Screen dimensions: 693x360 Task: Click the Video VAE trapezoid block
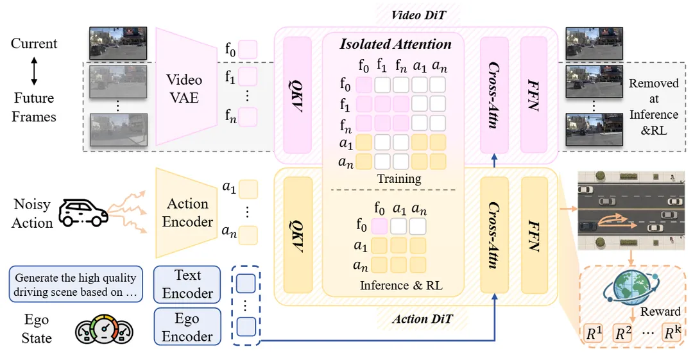point(186,87)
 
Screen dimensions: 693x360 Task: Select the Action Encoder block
point(187,213)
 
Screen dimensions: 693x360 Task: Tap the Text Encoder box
point(187,284)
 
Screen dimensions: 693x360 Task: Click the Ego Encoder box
point(187,327)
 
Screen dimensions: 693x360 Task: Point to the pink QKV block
point(297,95)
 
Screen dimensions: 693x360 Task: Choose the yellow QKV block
point(298,235)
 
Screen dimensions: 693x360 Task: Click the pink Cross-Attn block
point(494,95)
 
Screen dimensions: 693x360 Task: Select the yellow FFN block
point(535,235)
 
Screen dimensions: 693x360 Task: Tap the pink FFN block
point(534,95)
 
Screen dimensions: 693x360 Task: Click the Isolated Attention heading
point(395,44)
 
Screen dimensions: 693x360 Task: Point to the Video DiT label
point(418,15)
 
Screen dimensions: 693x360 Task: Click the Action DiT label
point(422,319)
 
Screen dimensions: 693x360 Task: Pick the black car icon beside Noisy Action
point(83,213)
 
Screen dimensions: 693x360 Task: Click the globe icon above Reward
point(631,289)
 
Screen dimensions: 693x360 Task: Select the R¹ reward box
point(594,332)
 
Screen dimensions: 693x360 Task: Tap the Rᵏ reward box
point(671,332)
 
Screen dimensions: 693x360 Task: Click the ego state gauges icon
point(105,330)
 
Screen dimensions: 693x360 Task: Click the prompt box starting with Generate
point(76,284)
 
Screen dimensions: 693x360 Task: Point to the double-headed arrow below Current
point(34,71)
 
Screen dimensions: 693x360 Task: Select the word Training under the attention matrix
point(399,178)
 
